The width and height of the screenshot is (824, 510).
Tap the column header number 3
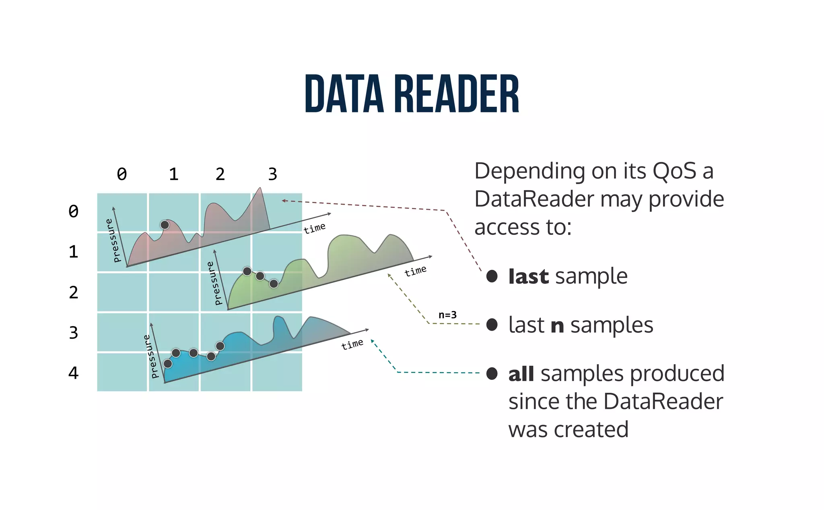(x=273, y=174)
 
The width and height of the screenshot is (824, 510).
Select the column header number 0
(x=122, y=174)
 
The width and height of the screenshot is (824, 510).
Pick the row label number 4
(x=73, y=373)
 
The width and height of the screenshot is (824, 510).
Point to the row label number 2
(x=73, y=292)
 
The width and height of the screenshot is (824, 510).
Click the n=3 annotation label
(x=447, y=315)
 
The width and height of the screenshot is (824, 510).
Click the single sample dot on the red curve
(x=165, y=225)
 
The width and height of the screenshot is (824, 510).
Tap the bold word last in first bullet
(x=528, y=277)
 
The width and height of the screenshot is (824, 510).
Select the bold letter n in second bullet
(x=557, y=325)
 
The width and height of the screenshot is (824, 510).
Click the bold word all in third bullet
(x=521, y=374)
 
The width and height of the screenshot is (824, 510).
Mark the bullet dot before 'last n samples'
(x=492, y=325)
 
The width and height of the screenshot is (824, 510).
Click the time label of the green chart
(x=415, y=271)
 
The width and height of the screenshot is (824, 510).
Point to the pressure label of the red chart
(x=113, y=240)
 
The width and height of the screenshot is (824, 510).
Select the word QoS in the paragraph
(x=674, y=171)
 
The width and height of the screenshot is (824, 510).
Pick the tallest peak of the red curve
(x=260, y=189)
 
